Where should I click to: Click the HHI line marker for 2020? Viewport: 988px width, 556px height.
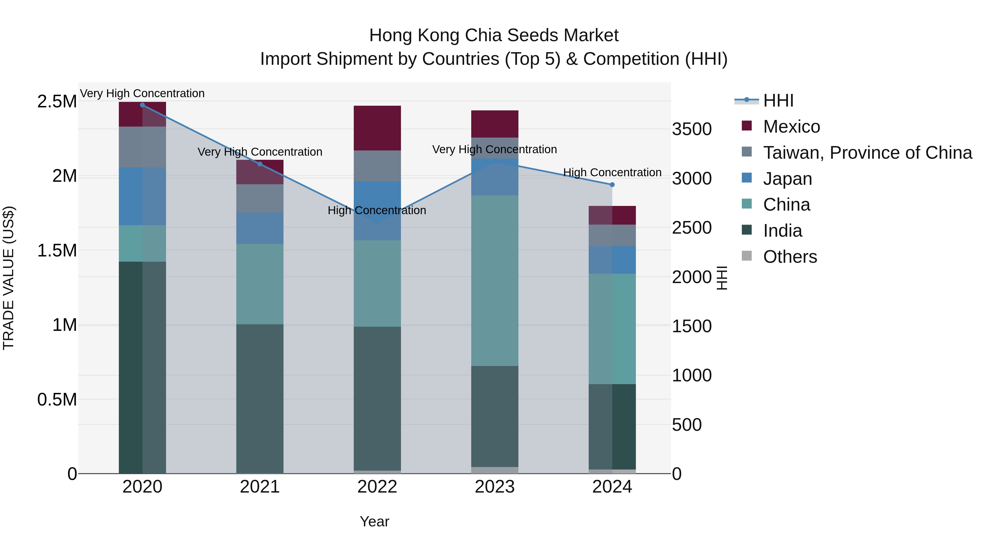click(x=142, y=105)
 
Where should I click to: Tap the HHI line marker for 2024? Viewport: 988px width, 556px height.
click(x=612, y=185)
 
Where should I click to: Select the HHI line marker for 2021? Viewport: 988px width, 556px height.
click(x=260, y=164)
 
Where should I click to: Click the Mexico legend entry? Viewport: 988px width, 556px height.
click(x=791, y=127)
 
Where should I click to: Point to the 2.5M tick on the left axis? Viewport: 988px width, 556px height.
click(x=57, y=102)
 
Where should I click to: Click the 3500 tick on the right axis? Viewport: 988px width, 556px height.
click(x=692, y=129)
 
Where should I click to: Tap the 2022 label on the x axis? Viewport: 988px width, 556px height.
click(x=377, y=487)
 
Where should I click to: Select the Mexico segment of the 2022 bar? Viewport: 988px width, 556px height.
click(x=377, y=128)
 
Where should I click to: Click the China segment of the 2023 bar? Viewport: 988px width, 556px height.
click(x=494, y=280)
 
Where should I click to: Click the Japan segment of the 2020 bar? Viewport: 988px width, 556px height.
click(x=142, y=196)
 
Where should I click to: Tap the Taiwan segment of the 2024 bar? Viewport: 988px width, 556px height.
click(x=612, y=235)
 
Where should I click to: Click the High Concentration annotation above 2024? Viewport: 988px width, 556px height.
click(x=612, y=173)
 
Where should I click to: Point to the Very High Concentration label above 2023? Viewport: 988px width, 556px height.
click(x=494, y=149)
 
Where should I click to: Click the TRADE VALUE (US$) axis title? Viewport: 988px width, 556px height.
click(x=9, y=278)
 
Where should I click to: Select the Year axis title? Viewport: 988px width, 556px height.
click(x=374, y=521)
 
